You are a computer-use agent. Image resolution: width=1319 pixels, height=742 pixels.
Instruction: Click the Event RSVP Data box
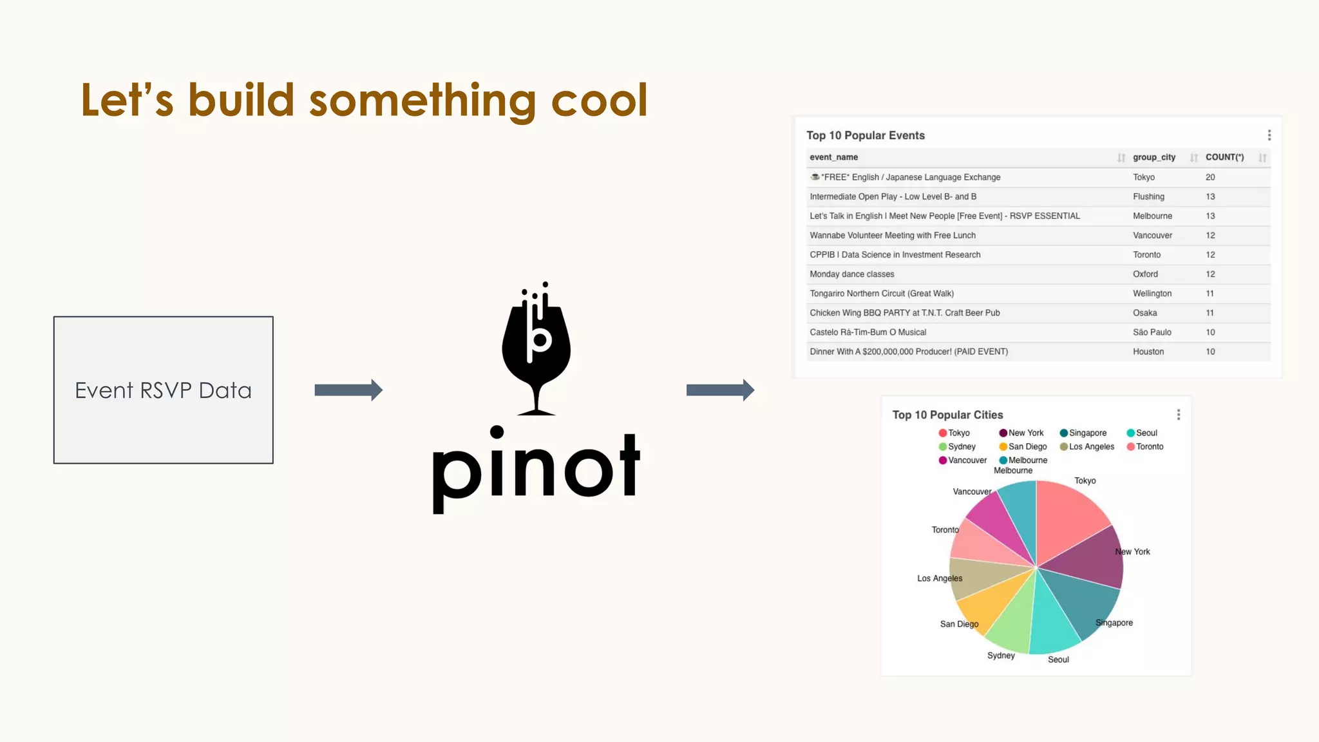point(163,390)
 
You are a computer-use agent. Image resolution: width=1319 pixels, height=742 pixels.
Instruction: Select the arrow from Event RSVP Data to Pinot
point(348,390)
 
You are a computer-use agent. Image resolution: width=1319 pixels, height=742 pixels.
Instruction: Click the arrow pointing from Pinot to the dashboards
point(719,390)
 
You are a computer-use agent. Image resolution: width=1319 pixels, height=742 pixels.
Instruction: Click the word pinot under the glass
point(536,467)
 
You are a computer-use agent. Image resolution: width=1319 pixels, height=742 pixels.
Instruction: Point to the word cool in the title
point(599,100)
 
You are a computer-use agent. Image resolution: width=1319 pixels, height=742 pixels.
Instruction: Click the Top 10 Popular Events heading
point(865,135)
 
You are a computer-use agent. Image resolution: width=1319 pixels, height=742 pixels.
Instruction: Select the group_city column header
point(1153,157)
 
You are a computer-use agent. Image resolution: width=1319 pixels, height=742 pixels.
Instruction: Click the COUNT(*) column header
point(1224,157)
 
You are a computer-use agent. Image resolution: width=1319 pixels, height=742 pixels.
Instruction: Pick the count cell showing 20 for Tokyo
point(1210,177)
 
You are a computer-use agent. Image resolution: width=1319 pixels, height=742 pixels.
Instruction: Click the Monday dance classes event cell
point(851,274)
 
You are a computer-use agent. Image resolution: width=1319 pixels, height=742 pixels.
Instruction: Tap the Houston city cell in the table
point(1148,352)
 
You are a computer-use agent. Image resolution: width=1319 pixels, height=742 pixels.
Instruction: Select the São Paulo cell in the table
point(1152,332)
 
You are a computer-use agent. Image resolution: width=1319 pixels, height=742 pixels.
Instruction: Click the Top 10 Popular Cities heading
point(947,415)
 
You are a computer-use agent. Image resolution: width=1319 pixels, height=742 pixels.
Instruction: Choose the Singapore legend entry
point(1087,433)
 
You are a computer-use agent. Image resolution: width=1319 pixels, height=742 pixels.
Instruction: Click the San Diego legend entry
point(1027,446)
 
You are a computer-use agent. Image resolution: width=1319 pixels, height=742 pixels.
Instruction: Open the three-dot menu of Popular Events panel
point(1269,135)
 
